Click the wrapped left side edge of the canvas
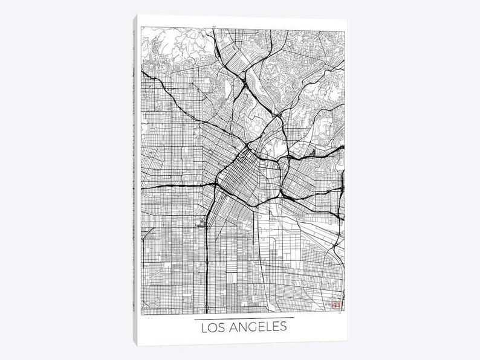134,181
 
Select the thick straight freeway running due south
207,254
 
